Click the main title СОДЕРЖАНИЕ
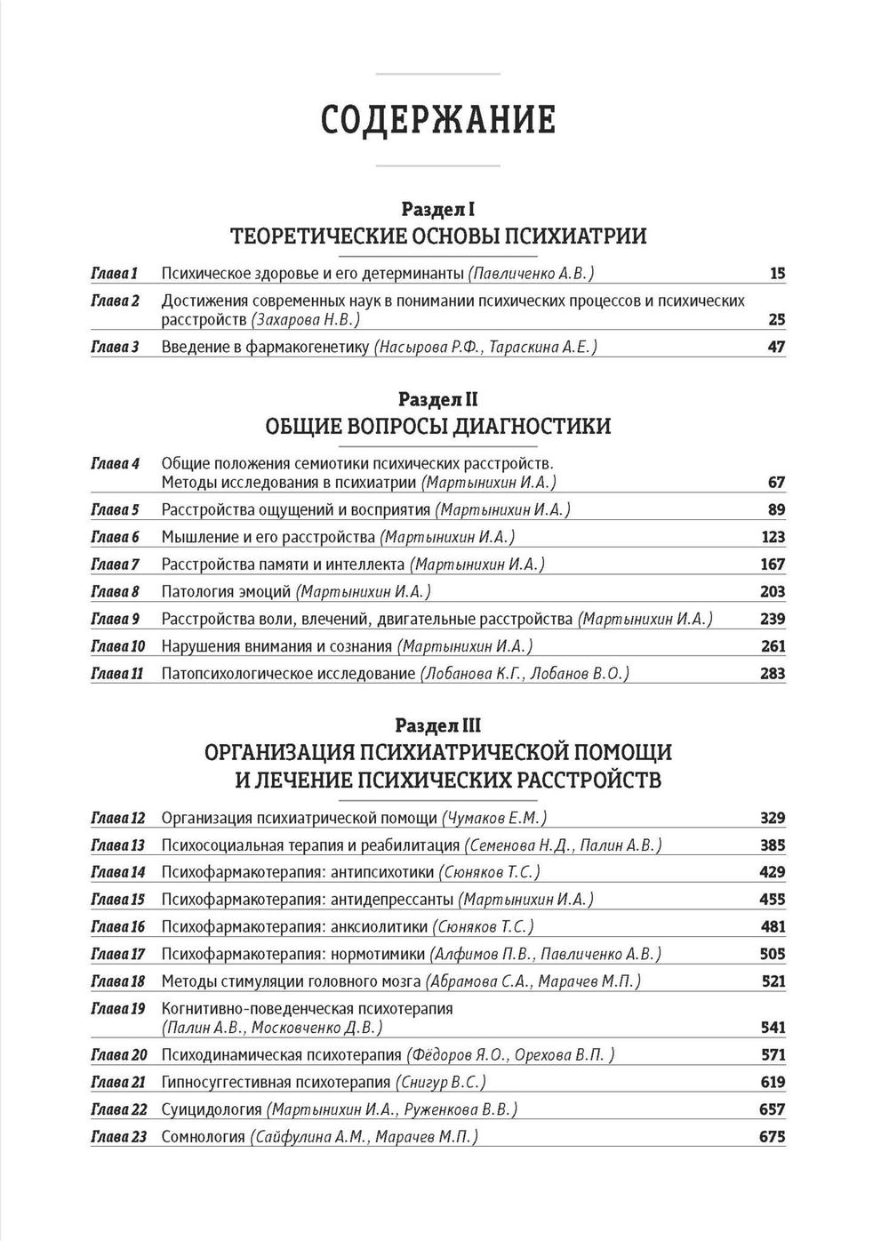pos(437,120)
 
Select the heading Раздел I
pos(437,210)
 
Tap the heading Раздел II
pos(437,399)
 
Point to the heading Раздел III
pos(437,725)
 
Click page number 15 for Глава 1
pos(777,274)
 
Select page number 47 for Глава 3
pos(776,347)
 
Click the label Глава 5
pos(116,509)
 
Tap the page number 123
pos(773,537)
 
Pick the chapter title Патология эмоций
pos(226,592)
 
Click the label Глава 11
pos(117,674)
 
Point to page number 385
pos(773,845)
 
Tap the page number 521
pos(773,981)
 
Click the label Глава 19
pos(117,1009)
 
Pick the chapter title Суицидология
pos(212,1109)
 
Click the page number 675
pos(773,1137)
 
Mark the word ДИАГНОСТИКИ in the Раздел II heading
pos(533,427)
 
